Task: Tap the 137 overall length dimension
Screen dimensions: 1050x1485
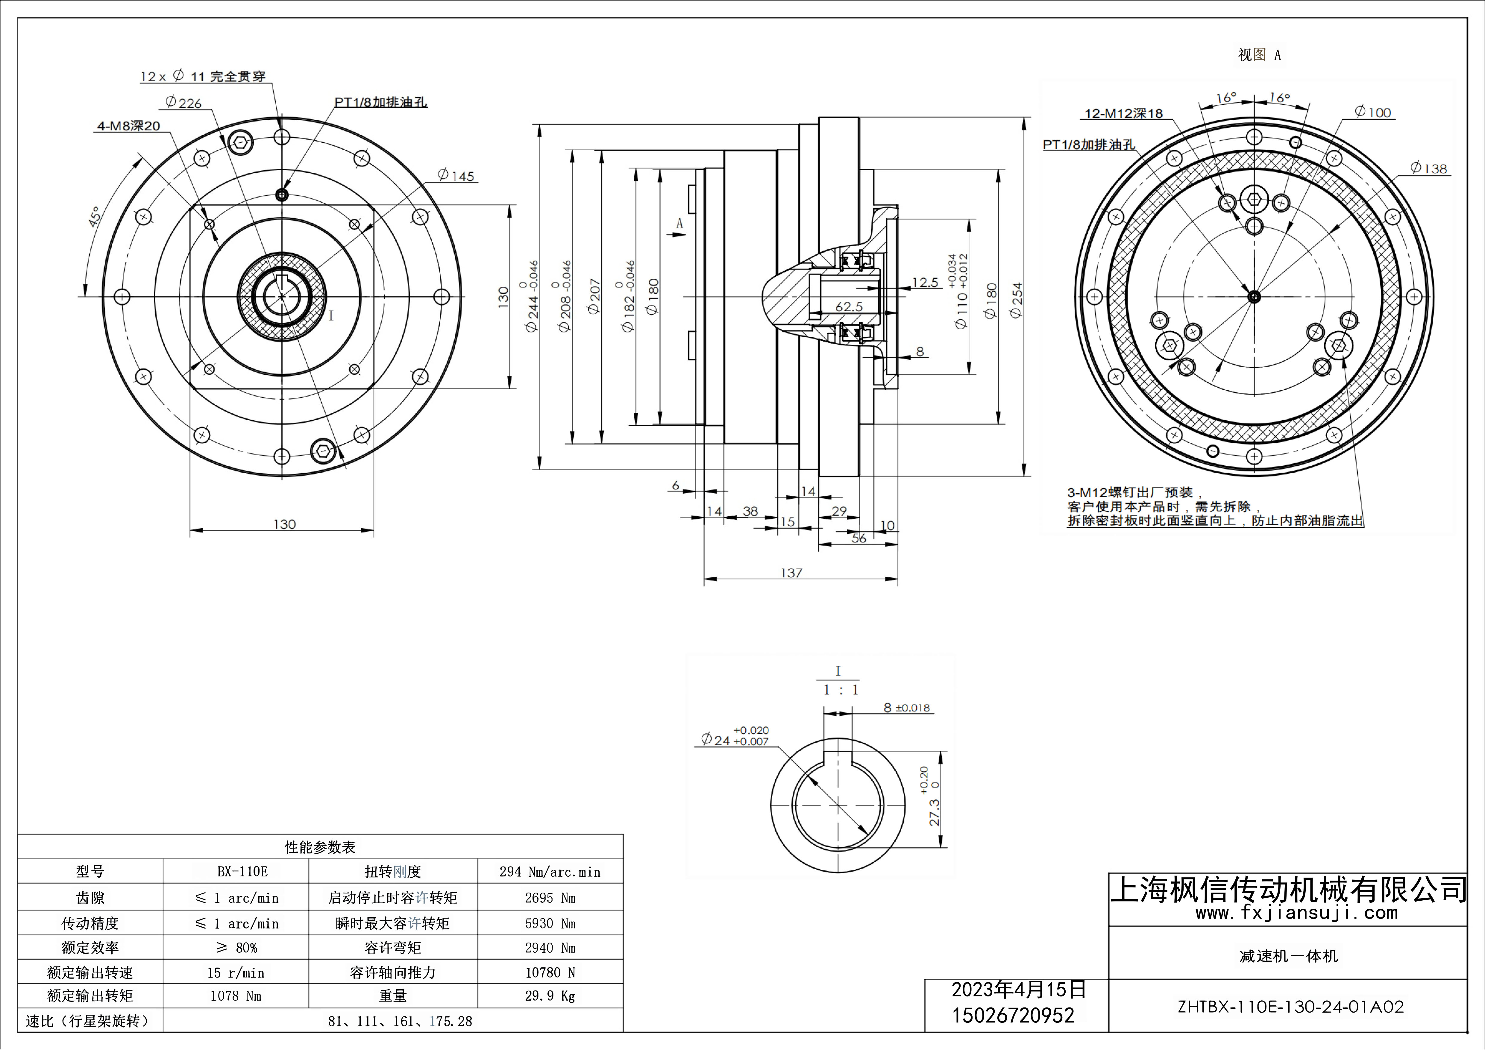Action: click(791, 573)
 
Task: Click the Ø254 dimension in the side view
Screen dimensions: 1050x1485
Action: click(1016, 299)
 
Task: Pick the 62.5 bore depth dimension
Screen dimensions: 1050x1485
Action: click(849, 306)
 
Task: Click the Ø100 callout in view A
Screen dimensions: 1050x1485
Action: click(1372, 113)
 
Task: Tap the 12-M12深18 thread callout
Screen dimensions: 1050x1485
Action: click(1123, 114)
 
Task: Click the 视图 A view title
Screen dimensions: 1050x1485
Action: click(1259, 55)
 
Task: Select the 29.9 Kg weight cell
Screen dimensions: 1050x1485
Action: click(550, 996)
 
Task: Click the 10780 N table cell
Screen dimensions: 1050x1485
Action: click(550, 972)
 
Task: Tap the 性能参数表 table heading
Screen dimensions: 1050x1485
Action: click(320, 847)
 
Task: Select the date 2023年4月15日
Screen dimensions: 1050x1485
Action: click(1018, 989)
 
